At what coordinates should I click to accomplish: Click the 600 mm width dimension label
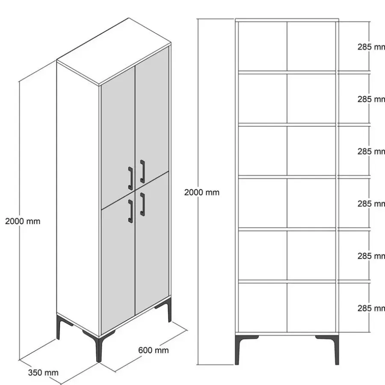pyautogui.click(x=154, y=350)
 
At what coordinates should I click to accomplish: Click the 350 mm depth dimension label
pyautogui.click(x=43, y=373)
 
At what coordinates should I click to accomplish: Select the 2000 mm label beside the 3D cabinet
pyautogui.click(x=23, y=221)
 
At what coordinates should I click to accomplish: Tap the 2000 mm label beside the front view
pyautogui.click(x=202, y=192)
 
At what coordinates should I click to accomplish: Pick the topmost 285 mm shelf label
pyautogui.click(x=371, y=47)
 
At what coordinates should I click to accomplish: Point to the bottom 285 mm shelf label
pyautogui.click(x=371, y=308)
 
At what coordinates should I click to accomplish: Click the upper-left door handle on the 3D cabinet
pyautogui.click(x=130, y=178)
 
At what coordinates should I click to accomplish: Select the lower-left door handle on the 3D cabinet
pyautogui.click(x=130, y=211)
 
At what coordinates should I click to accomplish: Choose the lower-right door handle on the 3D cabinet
pyautogui.click(x=142, y=204)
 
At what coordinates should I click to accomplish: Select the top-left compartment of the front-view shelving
pyautogui.click(x=263, y=46)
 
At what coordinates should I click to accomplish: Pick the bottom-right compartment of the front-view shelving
pyautogui.click(x=311, y=308)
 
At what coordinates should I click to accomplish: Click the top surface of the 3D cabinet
pyautogui.click(x=114, y=52)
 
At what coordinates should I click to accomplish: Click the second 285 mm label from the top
pyautogui.click(x=371, y=99)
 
